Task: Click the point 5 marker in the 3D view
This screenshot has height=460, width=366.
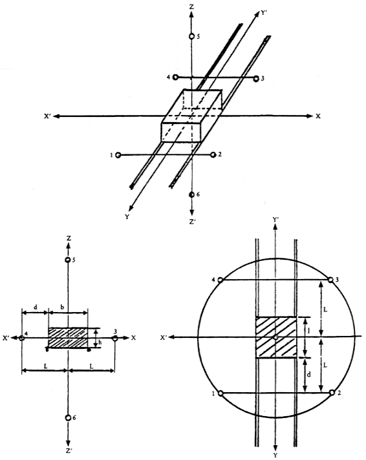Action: pos(191,36)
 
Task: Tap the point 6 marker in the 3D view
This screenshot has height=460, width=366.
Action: pos(191,194)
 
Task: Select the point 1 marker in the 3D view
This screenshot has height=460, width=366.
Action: pos(118,155)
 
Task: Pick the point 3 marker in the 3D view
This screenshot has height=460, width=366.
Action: pos(256,78)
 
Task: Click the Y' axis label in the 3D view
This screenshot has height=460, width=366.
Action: pos(263,13)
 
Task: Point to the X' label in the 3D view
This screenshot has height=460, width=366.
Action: pos(48,116)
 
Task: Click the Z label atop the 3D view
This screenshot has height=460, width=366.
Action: pos(191,6)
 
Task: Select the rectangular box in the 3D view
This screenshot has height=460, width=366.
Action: pos(192,116)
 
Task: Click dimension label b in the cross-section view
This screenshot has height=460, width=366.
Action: pos(62,307)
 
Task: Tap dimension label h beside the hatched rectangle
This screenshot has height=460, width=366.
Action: pos(100,342)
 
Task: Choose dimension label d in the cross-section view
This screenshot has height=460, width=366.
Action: pos(36,307)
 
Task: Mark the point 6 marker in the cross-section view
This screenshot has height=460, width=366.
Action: pos(68,418)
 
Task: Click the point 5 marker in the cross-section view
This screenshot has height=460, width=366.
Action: pos(68,260)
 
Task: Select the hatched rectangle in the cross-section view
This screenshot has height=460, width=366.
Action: pos(68,338)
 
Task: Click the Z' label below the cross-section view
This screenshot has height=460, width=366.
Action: pos(69,451)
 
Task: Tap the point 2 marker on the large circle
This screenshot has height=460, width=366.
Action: pos(332,393)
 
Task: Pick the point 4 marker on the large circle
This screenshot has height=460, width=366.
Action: pos(221,280)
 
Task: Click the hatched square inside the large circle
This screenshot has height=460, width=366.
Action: pos(276,337)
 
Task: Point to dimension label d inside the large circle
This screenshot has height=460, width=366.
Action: pos(308,374)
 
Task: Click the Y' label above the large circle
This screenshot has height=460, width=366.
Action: pos(276,220)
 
